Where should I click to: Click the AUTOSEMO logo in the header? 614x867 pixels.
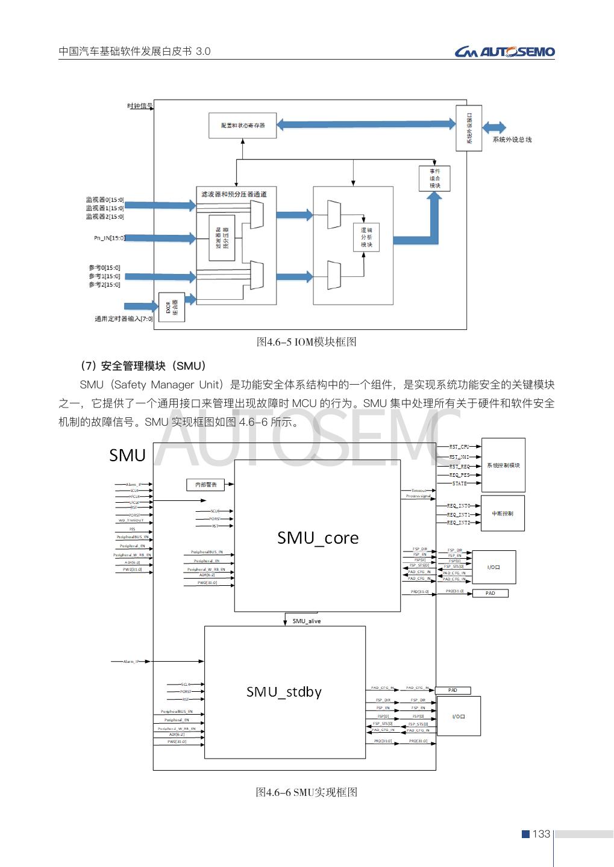pyautogui.click(x=504, y=52)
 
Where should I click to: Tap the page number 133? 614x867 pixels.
pyautogui.click(x=541, y=834)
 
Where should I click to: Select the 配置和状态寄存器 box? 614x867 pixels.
pyautogui.click(x=243, y=125)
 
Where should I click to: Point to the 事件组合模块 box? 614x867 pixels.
pyautogui.click(x=434, y=179)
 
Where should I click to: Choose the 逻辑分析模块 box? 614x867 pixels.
pyautogui.click(x=366, y=237)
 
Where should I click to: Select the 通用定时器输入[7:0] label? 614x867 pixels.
pyautogui.click(x=124, y=319)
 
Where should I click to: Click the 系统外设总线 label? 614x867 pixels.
pyautogui.click(x=512, y=140)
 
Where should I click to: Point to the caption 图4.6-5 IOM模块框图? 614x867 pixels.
pyautogui.click(x=307, y=342)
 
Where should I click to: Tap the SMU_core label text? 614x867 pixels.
pyautogui.click(x=318, y=538)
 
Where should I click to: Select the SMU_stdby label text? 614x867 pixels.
pyautogui.click(x=284, y=692)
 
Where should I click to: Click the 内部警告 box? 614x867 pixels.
pyautogui.click(x=205, y=484)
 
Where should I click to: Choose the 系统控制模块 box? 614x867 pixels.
pyautogui.click(x=503, y=465)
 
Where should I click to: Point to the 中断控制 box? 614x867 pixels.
pyautogui.click(x=503, y=514)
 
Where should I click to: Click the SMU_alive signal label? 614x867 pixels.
pyautogui.click(x=307, y=621)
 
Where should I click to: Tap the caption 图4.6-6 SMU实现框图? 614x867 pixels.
pyautogui.click(x=307, y=792)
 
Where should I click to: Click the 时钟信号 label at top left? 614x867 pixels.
pyautogui.click(x=140, y=106)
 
